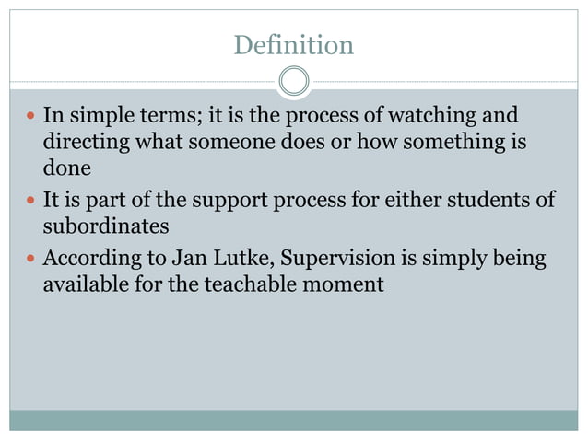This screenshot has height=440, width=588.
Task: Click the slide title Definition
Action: click(293, 44)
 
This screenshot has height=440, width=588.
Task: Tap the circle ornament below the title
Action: click(293, 82)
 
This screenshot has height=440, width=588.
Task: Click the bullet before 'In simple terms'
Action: click(29, 117)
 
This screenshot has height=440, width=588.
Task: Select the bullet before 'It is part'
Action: click(29, 202)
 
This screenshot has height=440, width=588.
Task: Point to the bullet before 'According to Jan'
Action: click(29, 259)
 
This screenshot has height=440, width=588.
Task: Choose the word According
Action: click(91, 259)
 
